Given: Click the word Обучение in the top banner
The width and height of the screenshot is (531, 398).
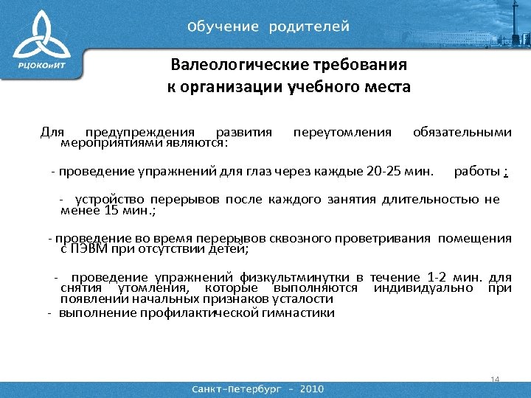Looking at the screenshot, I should point(223,27).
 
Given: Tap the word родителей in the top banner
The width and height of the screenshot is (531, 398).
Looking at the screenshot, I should point(309,27).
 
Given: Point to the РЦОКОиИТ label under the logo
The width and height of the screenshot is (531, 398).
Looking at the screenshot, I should point(44,66).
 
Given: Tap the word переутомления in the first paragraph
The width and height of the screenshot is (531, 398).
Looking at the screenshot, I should point(342,132).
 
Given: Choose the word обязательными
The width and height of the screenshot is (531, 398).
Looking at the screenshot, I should point(462,132).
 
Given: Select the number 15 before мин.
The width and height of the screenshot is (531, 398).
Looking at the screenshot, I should point(111,211).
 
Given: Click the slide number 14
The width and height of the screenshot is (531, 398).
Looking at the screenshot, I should point(494,379).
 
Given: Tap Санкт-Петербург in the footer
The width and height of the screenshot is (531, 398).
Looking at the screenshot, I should point(238,388).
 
